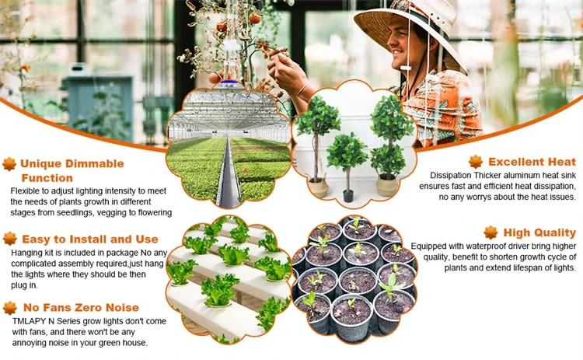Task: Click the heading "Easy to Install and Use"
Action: pyautogui.click(x=90, y=239)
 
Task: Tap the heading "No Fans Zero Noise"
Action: pyautogui.click(x=81, y=308)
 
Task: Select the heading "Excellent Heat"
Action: pyautogui.click(x=532, y=163)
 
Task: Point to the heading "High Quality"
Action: pyautogui.click(x=539, y=232)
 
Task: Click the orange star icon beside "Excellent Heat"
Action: pyautogui.click(x=476, y=163)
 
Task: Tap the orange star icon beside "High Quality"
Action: pyautogui.click(x=490, y=232)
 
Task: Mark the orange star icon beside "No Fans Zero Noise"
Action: pyautogui.click(x=10, y=308)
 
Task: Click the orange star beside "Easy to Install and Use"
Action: pyautogui.click(x=10, y=239)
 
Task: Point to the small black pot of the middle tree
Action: pyautogui.click(x=348, y=196)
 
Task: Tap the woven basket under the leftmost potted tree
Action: pyautogui.click(x=319, y=187)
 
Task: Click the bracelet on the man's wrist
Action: pyautogui.click(x=302, y=90)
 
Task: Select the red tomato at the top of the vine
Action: pyautogui.click(x=255, y=17)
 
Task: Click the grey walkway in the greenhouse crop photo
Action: pyautogui.click(x=228, y=175)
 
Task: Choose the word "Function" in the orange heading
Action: pyautogui.click(x=47, y=178)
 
